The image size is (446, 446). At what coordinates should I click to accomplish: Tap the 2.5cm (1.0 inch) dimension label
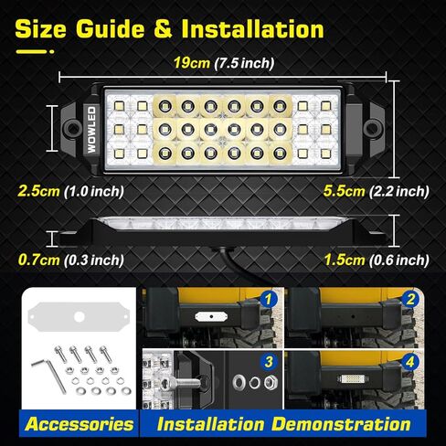(x=70, y=191)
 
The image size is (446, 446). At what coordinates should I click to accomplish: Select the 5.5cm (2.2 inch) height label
(x=376, y=191)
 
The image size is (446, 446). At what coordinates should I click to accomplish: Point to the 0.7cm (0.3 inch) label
(x=70, y=259)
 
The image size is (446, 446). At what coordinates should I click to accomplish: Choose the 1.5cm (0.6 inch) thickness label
(x=376, y=259)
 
